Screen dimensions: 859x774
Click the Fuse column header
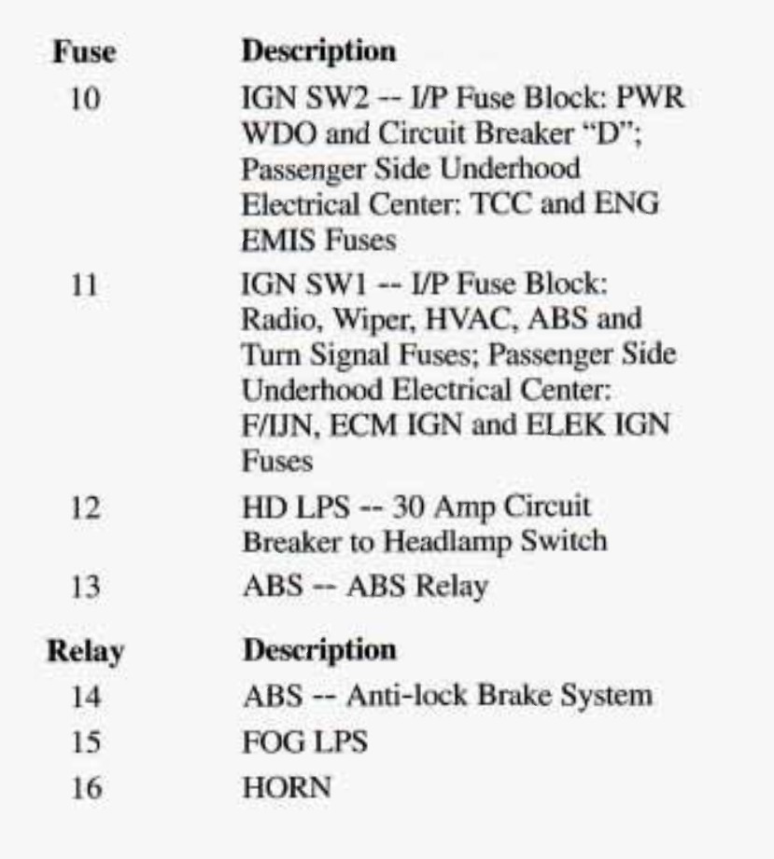pos(84,52)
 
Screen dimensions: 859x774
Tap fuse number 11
pos(85,284)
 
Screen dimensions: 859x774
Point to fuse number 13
pos(85,589)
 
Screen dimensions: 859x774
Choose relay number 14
pos(85,697)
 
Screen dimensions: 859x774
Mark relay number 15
pos(85,743)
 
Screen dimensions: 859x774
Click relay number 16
pos(85,789)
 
